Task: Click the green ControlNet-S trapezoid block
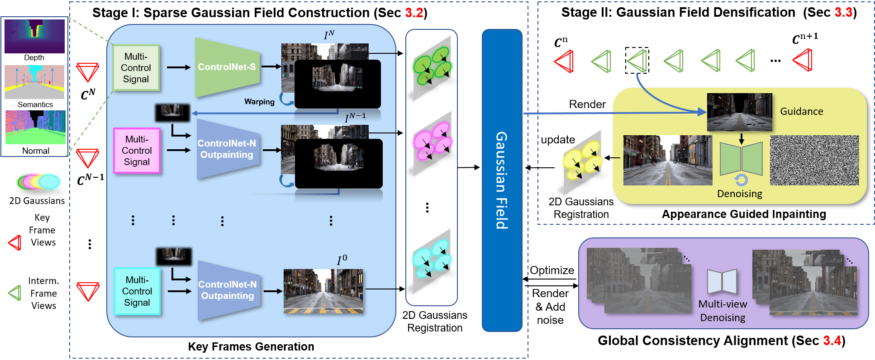click(226, 67)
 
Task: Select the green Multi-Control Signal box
click(136, 68)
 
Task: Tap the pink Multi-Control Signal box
click(137, 151)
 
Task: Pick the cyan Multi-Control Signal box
click(137, 291)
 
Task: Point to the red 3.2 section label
click(414, 13)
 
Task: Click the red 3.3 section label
click(843, 13)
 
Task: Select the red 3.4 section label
click(832, 341)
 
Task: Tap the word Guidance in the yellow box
click(801, 111)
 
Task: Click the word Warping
click(259, 102)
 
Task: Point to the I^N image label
click(329, 35)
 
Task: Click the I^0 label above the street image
click(342, 260)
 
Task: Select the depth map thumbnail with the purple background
click(34, 36)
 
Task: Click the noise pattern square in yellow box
click(814, 160)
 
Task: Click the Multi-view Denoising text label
click(723, 311)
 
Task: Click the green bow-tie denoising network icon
click(741, 159)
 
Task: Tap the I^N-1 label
click(355, 118)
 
